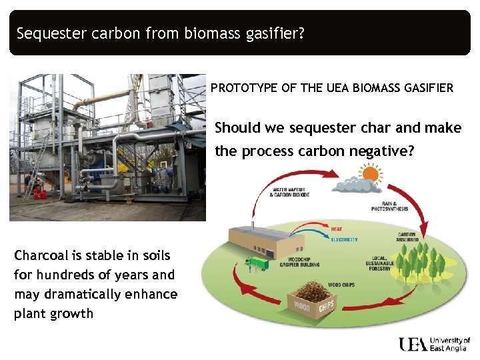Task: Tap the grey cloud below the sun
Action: click(357, 186)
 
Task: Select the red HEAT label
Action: click(337, 229)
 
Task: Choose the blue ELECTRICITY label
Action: click(344, 239)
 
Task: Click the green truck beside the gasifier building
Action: click(255, 264)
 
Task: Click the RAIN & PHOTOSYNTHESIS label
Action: click(389, 206)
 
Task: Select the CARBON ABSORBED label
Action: click(407, 237)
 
